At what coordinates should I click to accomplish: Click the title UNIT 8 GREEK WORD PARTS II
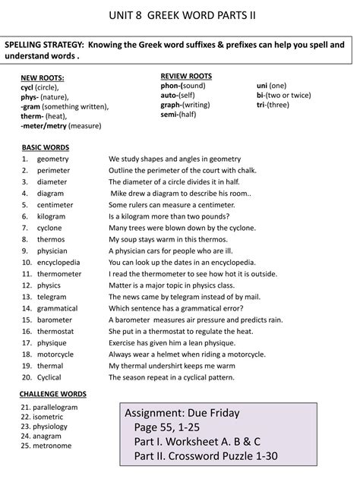(x=179, y=14)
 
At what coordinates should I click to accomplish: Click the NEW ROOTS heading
(x=42, y=78)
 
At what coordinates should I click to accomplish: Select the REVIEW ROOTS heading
(x=186, y=76)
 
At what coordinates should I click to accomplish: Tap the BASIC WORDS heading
(x=45, y=147)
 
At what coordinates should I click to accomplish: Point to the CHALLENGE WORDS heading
(x=53, y=394)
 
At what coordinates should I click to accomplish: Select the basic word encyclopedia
(x=62, y=263)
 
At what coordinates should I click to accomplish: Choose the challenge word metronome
(x=52, y=445)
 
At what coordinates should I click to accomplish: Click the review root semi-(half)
(x=178, y=114)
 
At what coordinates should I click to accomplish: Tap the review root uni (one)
(x=272, y=86)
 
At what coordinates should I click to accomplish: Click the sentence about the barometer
(x=195, y=320)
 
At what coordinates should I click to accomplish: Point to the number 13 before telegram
(x=26, y=297)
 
